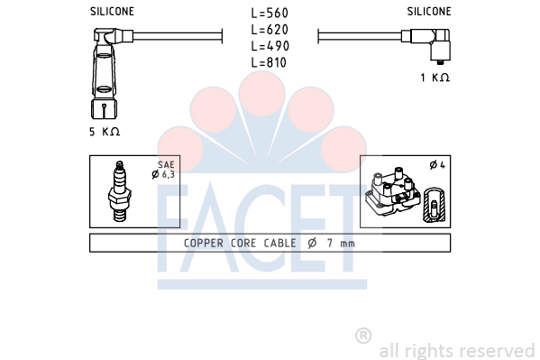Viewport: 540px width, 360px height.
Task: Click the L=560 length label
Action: click(270, 14)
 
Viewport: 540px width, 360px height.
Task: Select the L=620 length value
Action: click(270, 30)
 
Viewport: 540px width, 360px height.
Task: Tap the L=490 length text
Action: click(270, 46)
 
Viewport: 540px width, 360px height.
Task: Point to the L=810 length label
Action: click(269, 62)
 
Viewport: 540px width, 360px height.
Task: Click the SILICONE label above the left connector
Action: click(112, 12)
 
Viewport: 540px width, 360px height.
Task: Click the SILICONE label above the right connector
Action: click(429, 12)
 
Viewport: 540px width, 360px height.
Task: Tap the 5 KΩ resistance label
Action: click(105, 132)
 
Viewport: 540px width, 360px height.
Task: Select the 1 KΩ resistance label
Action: click(435, 78)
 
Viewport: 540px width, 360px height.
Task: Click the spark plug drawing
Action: click(120, 191)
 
